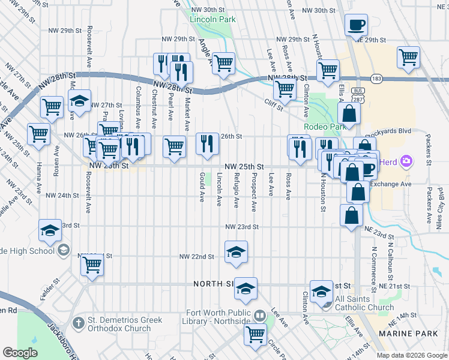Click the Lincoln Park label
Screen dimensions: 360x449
point(212,19)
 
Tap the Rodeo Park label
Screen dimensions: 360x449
point(324,127)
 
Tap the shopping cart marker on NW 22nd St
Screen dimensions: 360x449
point(92,263)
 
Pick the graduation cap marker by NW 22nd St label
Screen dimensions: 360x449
point(237,251)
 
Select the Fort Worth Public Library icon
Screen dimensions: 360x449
point(259,315)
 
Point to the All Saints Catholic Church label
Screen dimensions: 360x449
point(366,304)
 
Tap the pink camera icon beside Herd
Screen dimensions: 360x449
point(406,161)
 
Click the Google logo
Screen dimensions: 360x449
point(20,353)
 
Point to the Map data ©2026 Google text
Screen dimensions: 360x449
point(411,355)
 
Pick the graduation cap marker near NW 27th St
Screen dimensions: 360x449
point(79,102)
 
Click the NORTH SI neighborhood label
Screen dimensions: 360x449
point(213,284)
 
